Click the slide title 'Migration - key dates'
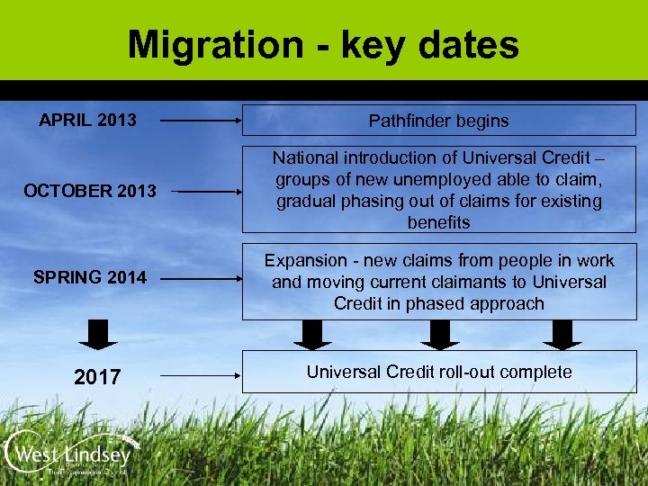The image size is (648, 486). pos(323,45)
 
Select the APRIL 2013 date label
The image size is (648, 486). pos(88,120)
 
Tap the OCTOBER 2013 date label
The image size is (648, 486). pos(90,191)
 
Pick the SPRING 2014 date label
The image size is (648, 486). pos(90,277)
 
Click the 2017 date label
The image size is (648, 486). pos(97,376)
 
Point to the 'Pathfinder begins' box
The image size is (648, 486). pos(438,121)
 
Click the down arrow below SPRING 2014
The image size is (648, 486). pos(97,332)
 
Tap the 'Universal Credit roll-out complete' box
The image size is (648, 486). pos(438,373)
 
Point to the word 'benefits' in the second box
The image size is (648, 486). pos(438,222)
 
